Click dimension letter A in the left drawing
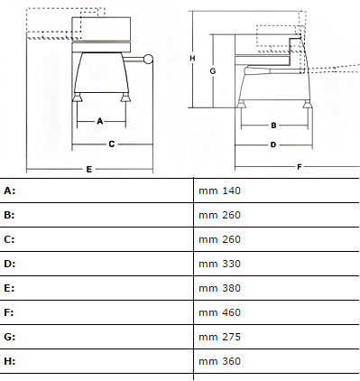(x=100, y=121)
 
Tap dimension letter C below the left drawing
(x=112, y=144)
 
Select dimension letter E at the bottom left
(x=89, y=169)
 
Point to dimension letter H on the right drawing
(x=192, y=58)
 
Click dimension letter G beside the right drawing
(x=213, y=71)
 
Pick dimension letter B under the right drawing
(x=273, y=125)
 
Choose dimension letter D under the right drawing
(x=273, y=144)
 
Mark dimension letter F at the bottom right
(x=300, y=167)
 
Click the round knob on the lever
(x=148, y=59)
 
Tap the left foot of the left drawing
(x=77, y=98)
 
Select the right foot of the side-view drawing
(x=307, y=104)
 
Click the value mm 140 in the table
(x=219, y=190)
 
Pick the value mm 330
(x=219, y=264)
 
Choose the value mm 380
(x=219, y=288)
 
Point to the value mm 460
(x=219, y=312)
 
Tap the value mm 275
(x=219, y=337)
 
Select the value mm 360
(x=219, y=361)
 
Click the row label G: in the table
(x=10, y=337)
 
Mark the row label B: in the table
(x=9, y=215)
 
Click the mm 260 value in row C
(x=219, y=239)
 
